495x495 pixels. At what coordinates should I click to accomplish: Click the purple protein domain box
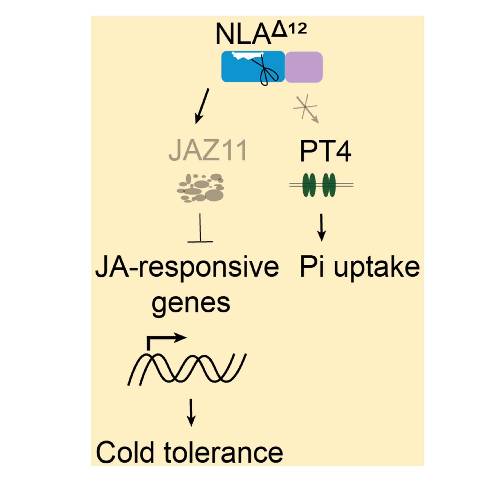(304, 67)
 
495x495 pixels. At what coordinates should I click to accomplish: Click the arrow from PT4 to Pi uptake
(321, 227)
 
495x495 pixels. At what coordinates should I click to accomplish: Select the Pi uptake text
(359, 268)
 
